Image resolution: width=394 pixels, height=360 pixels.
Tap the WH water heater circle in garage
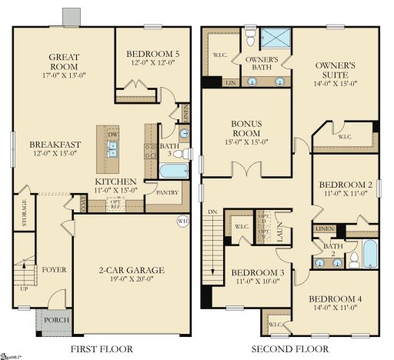(x=182, y=222)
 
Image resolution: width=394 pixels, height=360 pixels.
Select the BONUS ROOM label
(x=246, y=127)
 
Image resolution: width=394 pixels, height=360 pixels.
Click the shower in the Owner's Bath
(x=273, y=37)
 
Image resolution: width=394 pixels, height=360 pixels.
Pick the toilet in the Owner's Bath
(x=249, y=36)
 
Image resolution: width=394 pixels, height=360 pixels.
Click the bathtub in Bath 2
(x=369, y=253)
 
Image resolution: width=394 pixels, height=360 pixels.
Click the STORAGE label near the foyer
(x=25, y=212)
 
